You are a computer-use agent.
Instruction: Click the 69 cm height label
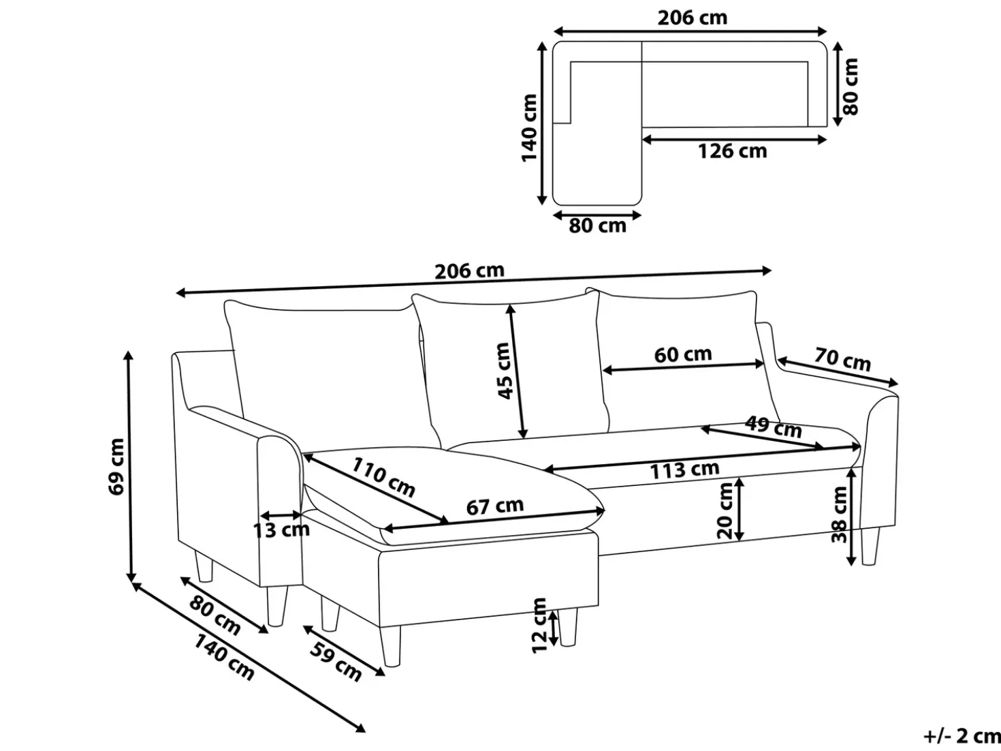116,466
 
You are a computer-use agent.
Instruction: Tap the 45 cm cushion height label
503,371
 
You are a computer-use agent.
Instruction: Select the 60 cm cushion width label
683,354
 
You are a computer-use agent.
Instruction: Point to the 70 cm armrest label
842,359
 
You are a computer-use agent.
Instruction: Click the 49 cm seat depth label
774,427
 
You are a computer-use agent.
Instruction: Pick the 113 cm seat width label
684,470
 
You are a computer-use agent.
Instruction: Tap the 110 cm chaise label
383,477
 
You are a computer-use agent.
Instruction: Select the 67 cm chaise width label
495,506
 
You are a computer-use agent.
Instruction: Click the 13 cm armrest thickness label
281,530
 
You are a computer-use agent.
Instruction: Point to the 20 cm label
725,510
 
